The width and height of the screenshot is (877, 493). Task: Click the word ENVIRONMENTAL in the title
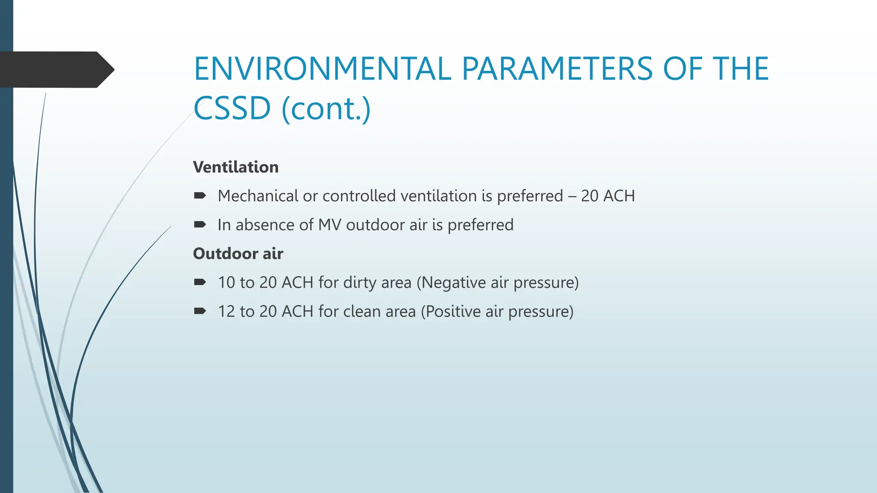click(x=322, y=69)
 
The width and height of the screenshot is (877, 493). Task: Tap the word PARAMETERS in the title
click(x=557, y=69)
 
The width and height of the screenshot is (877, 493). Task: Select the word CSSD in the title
click(x=232, y=108)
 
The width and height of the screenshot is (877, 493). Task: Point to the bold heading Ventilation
click(x=236, y=167)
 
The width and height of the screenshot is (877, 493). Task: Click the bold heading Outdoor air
click(x=238, y=253)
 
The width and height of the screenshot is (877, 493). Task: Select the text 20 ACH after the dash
click(x=608, y=196)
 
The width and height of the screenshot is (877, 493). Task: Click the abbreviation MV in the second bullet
click(x=329, y=225)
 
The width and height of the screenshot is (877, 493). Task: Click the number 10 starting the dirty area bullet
click(x=227, y=282)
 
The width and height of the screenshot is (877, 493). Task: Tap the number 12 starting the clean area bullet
click(x=227, y=311)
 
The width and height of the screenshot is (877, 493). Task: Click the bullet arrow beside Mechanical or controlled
click(x=200, y=196)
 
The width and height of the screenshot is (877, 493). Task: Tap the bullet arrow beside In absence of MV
click(x=200, y=225)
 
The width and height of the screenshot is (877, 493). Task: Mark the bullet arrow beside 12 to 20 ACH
click(x=200, y=311)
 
